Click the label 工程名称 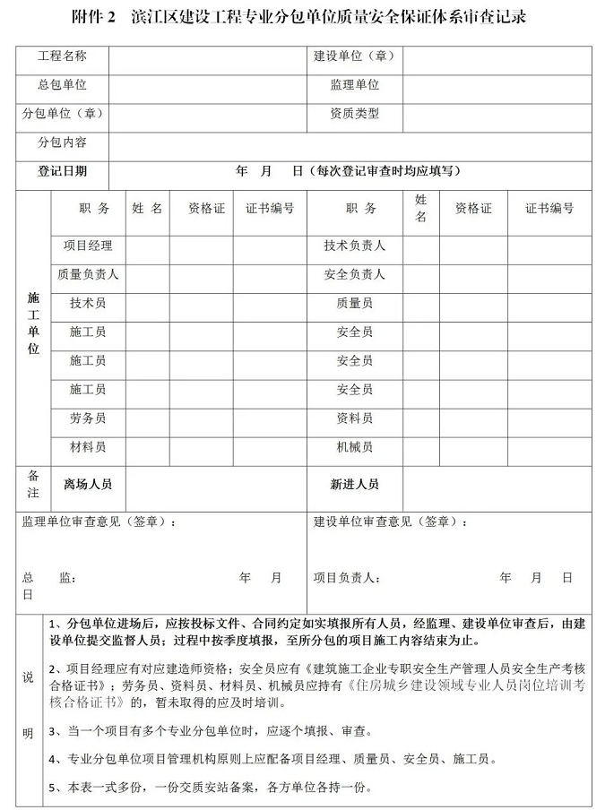coord(62,56)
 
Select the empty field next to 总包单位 coord(207,86)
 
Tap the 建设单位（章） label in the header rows coord(354,56)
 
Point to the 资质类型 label coord(354,114)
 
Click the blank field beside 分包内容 coord(350,143)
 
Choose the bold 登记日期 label coord(62,171)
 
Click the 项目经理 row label coord(88,246)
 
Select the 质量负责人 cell coord(88,275)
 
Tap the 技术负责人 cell coord(354,246)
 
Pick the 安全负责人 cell coord(354,275)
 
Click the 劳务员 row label coord(88,418)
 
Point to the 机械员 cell coord(354,447)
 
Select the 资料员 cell coord(354,418)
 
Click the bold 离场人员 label coord(88,484)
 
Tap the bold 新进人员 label coord(354,484)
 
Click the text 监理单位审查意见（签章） coord(99,522)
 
